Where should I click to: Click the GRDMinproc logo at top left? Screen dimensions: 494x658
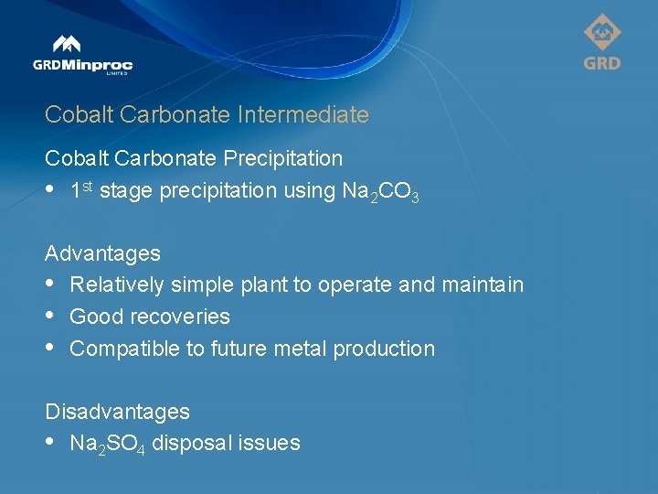(x=82, y=56)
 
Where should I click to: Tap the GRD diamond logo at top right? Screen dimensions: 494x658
(x=601, y=42)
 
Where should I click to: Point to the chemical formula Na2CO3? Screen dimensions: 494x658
(x=377, y=192)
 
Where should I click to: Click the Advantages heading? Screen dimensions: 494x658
(x=102, y=253)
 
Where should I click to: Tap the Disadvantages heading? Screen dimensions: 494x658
(x=117, y=412)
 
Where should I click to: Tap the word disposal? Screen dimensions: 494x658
(x=192, y=444)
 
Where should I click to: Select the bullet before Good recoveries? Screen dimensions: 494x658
(x=51, y=317)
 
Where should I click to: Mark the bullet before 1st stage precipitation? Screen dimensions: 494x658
(x=51, y=190)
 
